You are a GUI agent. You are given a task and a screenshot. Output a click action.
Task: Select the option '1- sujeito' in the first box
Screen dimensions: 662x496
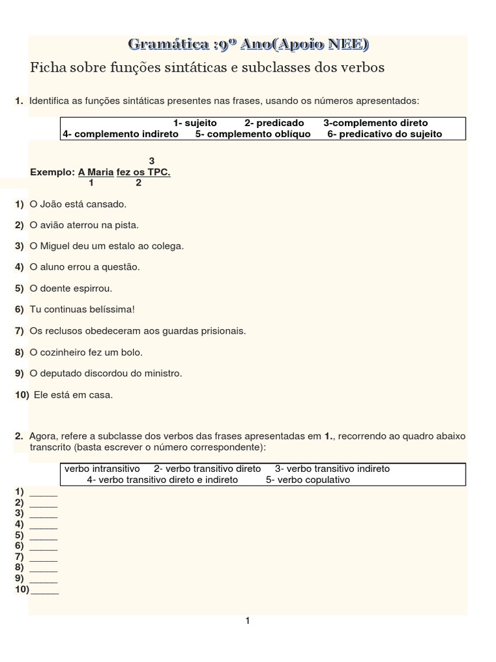pyautogui.click(x=195, y=123)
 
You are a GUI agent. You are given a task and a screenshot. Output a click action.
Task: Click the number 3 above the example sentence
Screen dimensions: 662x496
pyautogui.click(x=152, y=160)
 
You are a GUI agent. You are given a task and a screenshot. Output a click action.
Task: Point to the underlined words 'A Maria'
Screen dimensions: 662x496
pyautogui.click(x=96, y=172)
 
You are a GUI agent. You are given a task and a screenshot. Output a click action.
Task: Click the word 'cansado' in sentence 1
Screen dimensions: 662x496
pyautogui.click(x=107, y=204)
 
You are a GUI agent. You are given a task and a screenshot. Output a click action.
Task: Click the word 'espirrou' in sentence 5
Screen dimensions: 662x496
pyautogui.click(x=93, y=288)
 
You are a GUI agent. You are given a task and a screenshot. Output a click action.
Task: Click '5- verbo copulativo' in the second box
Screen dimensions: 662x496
pyautogui.click(x=308, y=480)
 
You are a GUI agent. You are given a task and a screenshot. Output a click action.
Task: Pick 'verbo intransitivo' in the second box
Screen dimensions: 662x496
pyautogui.click(x=102, y=468)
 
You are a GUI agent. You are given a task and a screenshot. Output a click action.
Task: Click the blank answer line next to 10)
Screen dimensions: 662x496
pyautogui.click(x=45, y=591)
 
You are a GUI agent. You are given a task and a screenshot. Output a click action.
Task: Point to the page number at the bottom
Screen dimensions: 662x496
pyautogui.click(x=247, y=621)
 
